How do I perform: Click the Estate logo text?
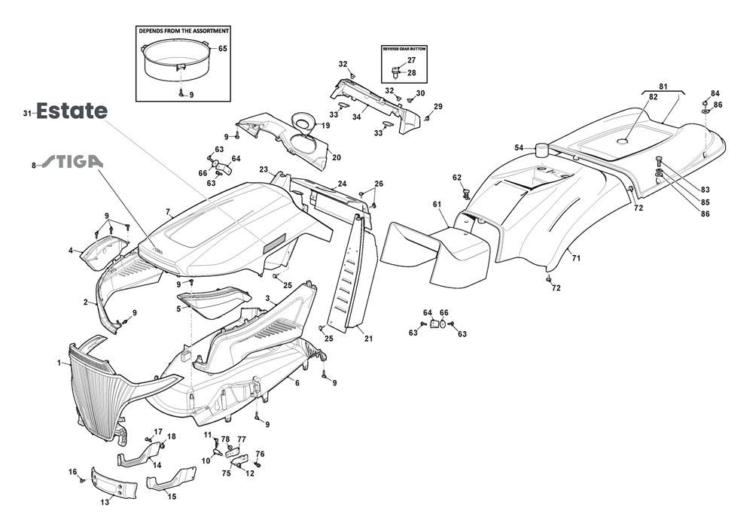tap(72, 111)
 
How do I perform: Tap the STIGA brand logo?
tap(72, 162)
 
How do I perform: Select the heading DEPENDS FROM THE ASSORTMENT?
tap(183, 31)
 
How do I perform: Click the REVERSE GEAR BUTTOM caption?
tap(404, 48)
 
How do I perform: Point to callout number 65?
tap(222, 48)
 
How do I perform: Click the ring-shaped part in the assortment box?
tap(173, 60)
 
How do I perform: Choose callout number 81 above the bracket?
tap(663, 86)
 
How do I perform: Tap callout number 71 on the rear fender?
tap(577, 258)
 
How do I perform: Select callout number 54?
tap(519, 147)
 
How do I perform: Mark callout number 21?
tap(368, 338)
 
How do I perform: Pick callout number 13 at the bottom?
tap(105, 502)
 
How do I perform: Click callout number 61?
tap(436, 204)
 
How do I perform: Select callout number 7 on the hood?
tap(168, 212)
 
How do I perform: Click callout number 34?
tap(356, 117)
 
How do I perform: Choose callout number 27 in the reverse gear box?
tap(411, 59)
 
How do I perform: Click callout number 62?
tap(456, 178)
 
